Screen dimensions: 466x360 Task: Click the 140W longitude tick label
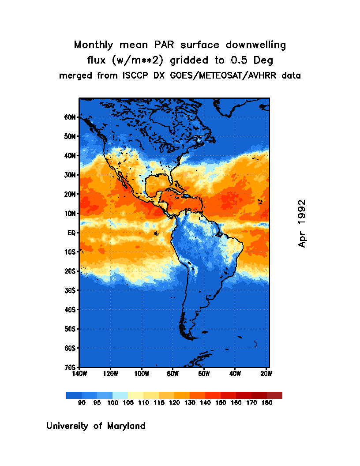79,374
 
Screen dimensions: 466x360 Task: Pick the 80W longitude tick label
172,374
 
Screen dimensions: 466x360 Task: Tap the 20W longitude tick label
266,374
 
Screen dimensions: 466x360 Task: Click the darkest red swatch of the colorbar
274,395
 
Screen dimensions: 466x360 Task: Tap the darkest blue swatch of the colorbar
74,395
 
